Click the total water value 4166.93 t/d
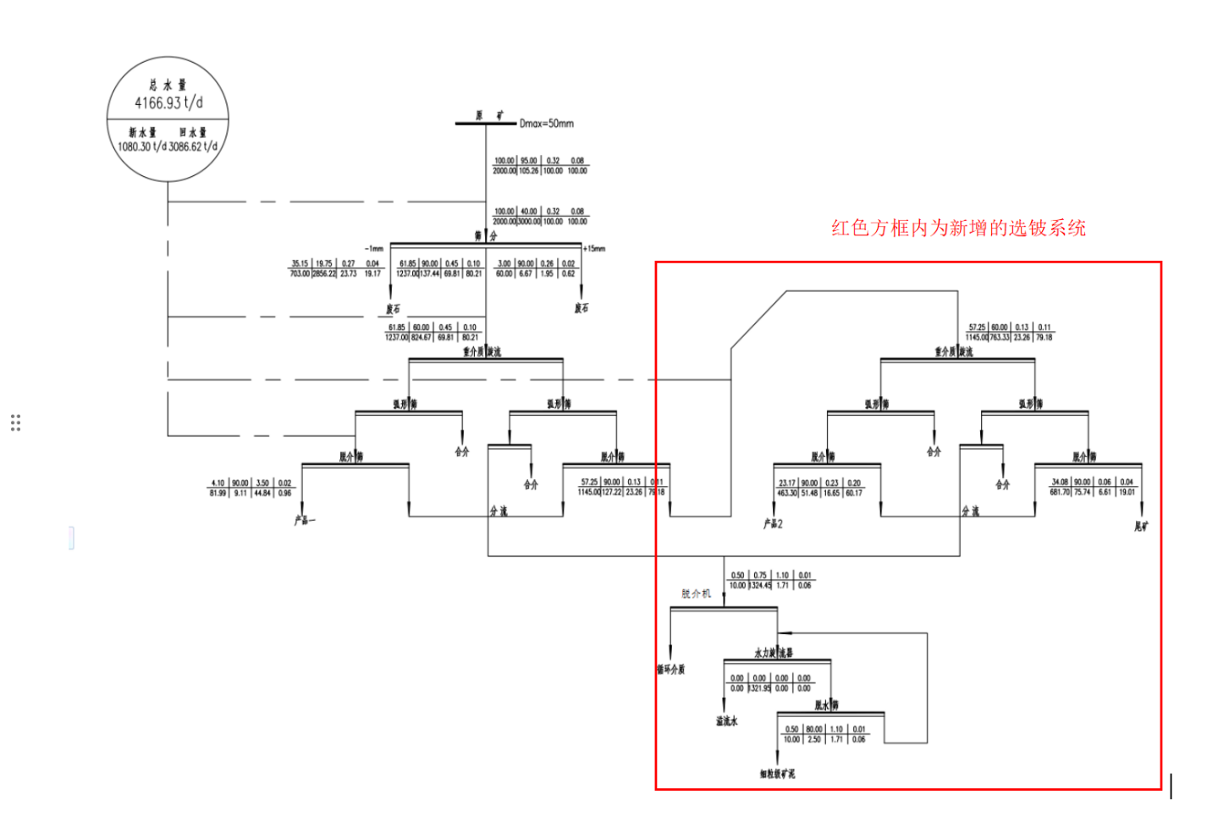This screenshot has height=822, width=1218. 168,103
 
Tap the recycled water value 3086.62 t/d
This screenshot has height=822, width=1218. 193,146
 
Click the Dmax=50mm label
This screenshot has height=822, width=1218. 546,124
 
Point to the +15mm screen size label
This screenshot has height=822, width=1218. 594,249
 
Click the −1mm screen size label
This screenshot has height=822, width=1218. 374,249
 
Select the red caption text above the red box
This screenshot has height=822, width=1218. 958,228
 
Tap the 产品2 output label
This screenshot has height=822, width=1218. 774,524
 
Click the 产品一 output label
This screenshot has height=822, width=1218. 305,521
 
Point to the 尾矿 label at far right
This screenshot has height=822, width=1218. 1142,527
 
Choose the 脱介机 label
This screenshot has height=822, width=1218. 697,593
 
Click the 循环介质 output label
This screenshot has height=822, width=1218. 670,670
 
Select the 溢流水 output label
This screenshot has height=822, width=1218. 727,721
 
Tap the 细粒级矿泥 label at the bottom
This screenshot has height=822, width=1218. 777,774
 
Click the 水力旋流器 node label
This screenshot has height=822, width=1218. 774,653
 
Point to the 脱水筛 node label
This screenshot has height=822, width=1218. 827,705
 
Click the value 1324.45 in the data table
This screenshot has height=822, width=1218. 760,585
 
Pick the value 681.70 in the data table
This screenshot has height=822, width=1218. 1060,492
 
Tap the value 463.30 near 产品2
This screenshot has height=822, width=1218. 787,493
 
